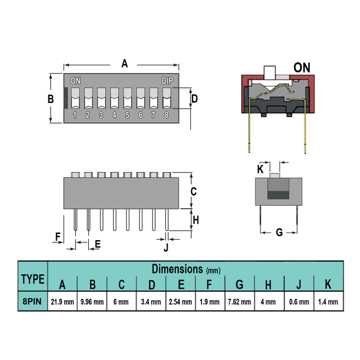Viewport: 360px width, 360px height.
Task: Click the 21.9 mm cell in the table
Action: click(x=62, y=301)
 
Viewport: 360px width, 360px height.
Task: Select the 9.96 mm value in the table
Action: click(x=92, y=301)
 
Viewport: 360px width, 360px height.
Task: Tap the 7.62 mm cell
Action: click(x=239, y=301)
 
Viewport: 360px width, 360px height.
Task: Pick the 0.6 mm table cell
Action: click(x=298, y=301)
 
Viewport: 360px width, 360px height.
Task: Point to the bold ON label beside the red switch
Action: click(x=301, y=67)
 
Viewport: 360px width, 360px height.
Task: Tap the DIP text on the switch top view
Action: click(x=167, y=80)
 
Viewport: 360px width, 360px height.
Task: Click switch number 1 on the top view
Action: click(x=75, y=115)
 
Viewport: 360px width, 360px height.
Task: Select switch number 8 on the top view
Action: click(x=166, y=115)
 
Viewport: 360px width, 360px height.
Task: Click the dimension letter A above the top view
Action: click(x=125, y=64)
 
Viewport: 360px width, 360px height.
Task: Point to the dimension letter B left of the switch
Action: click(x=50, y=98)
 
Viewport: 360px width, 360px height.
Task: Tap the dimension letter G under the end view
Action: click(x=278, y=232)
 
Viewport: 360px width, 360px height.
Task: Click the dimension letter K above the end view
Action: click(x=260, y=169)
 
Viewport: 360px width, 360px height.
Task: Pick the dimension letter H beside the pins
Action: click(x=196, y=220)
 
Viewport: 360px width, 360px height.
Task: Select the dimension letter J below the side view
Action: click(x=165, y=246)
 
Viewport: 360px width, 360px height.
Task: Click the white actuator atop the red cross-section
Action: click(x=270, y=73)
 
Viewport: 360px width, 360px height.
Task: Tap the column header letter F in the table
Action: click(x=210, y=285)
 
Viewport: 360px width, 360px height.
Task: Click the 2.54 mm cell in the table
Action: click(x=181, y=301)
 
